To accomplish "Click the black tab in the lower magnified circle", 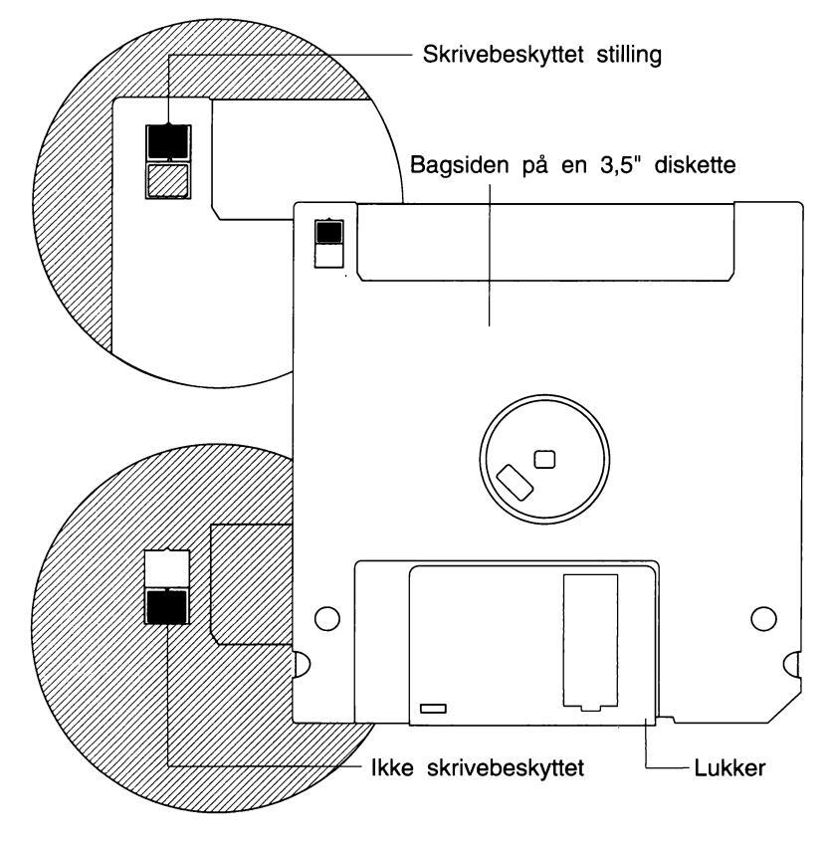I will point(165,605).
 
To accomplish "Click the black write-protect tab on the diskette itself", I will point(327,233).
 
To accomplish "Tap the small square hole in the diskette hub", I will point(543,459).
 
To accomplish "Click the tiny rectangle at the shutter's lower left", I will point(434,708).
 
